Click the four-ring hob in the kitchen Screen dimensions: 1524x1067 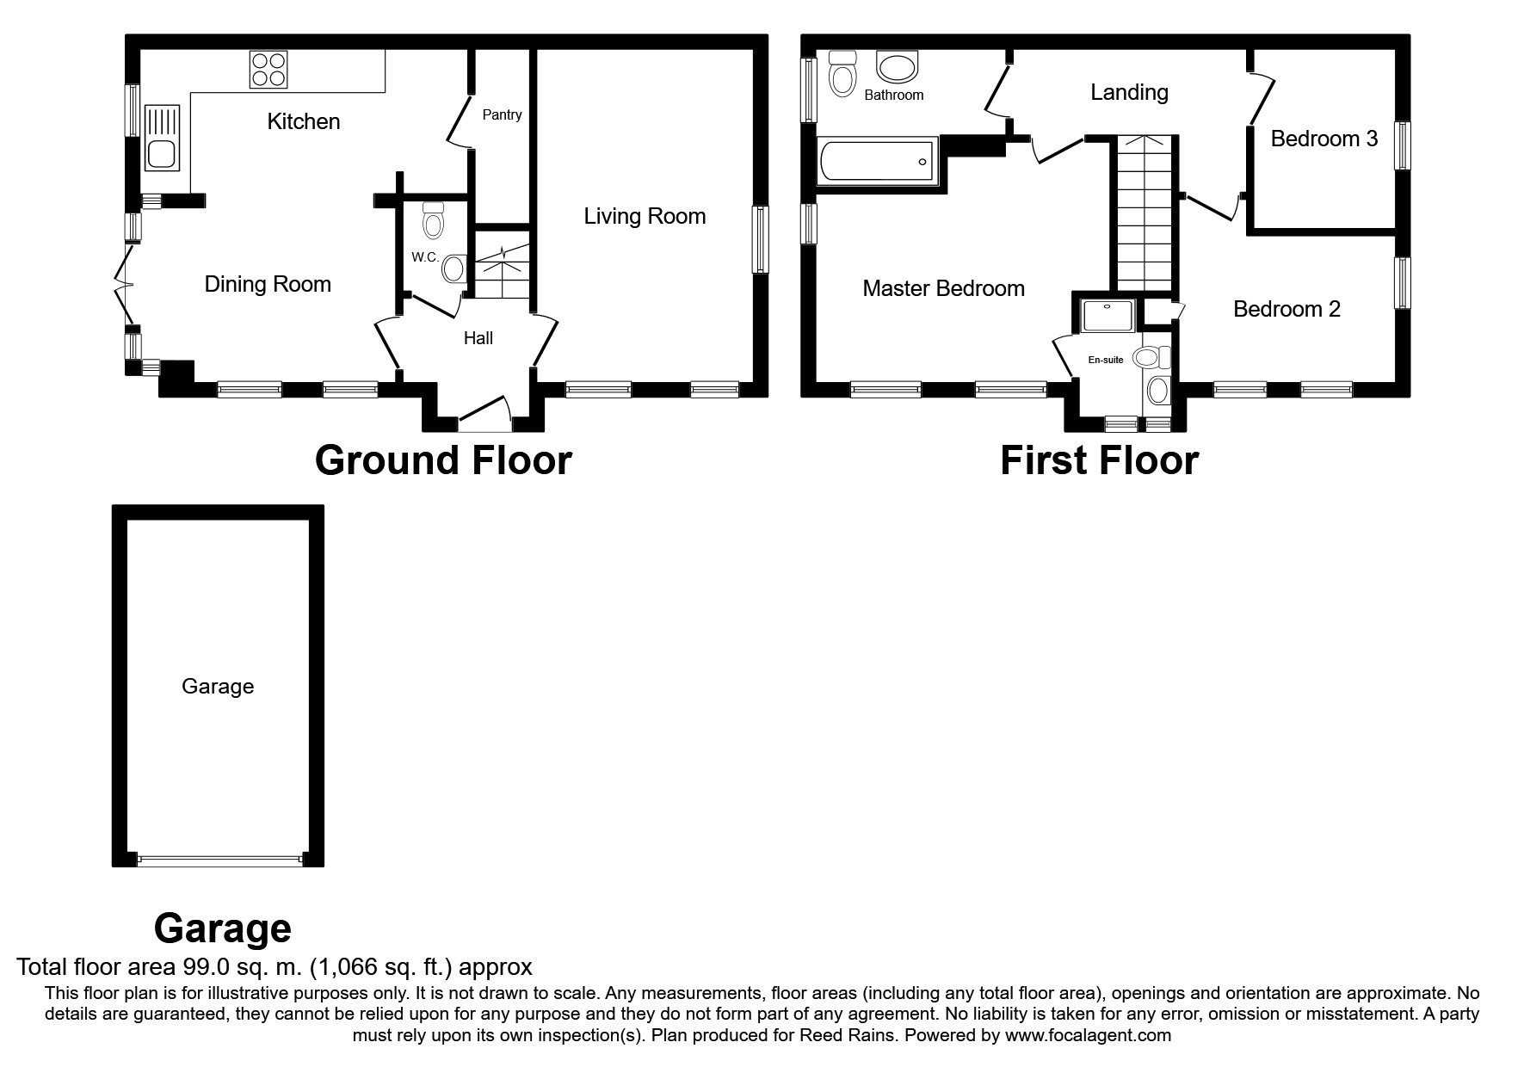pos(268,70)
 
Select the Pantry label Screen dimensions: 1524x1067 pos(502,114)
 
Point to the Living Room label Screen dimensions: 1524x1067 pos(645,216)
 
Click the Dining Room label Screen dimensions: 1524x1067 pos(268,284)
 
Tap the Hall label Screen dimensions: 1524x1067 pos(478,338)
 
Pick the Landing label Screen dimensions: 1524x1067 pos(1129,92)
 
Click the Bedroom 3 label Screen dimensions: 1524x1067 pos(1323,139)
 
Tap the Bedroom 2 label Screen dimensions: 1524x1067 pos(1286,309)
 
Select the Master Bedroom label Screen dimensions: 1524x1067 pos(943,288)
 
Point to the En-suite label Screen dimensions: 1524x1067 pos(1106,360)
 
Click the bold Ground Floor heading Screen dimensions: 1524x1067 pos(443,460)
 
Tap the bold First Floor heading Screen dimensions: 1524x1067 pos(1099,460)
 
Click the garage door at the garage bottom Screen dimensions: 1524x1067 pos(219,858)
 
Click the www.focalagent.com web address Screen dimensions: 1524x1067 pos(1088,1035)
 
